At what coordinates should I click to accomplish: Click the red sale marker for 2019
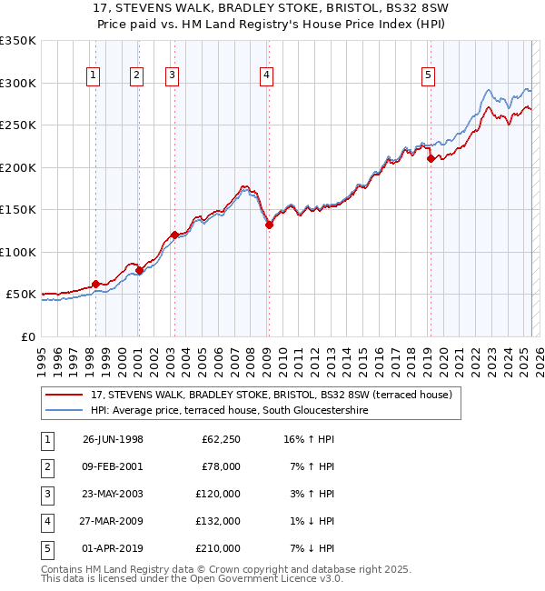pos(430,158)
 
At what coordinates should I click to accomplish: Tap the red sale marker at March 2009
pos(269,225)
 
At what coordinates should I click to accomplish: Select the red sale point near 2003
pos(174,235)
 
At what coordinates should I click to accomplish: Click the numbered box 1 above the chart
pos(94,75)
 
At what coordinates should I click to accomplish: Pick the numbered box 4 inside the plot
pos(266,75)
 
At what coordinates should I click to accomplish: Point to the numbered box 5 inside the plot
pos(428,75)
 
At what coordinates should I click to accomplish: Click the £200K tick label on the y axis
pos(17,167)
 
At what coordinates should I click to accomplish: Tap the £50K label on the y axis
pos(20,295)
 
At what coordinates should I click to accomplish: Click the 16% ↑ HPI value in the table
pos(310,439)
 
